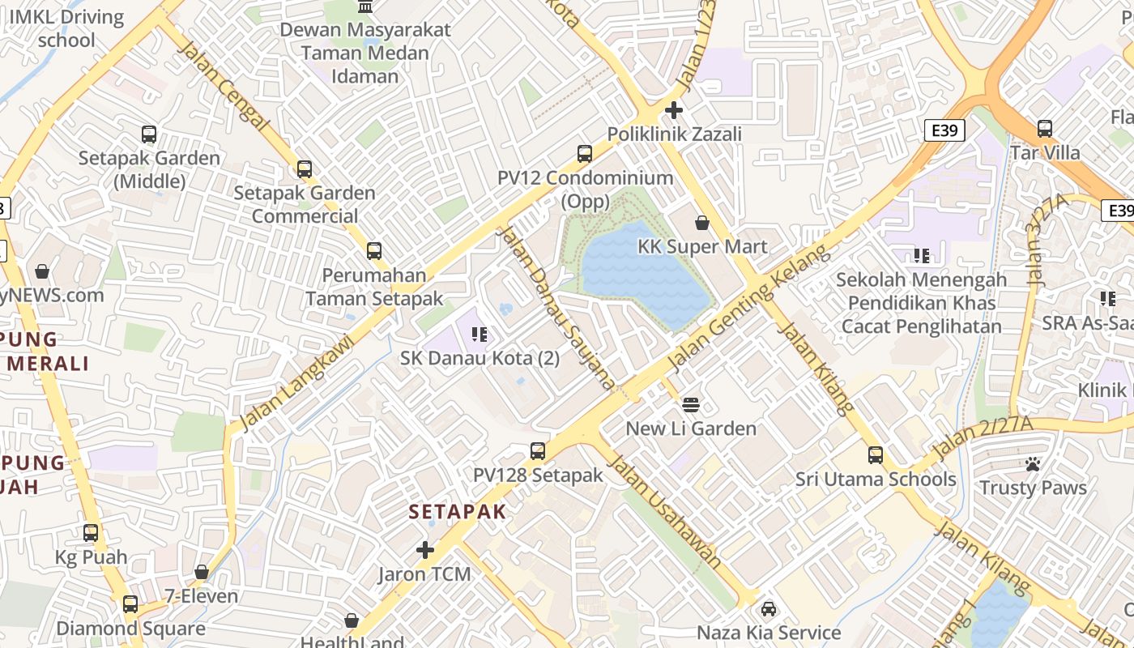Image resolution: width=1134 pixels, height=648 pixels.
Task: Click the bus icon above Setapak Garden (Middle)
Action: click(149, 134)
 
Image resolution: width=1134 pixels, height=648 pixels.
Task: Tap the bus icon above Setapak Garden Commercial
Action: click(305, 169)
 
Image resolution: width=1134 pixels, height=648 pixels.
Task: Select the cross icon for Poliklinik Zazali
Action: click(674, 110)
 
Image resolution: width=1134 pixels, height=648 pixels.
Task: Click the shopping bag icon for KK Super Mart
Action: click(702, 223)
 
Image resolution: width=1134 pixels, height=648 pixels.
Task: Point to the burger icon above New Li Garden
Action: click(691, 404)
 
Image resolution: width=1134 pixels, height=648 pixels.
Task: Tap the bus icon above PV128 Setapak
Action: click(538, 451)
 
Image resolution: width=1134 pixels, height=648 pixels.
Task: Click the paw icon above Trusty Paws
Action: click(1033, 464)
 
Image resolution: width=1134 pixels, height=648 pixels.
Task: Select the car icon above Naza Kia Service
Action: click(769, 608)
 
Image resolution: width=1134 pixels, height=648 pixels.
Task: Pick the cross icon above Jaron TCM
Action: click(425, 551)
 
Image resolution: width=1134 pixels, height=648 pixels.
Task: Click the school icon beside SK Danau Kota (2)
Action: click(479, 334)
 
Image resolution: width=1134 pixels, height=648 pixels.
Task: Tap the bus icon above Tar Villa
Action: click(1045, 129)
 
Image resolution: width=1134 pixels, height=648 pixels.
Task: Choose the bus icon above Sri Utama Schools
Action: click(876, 455)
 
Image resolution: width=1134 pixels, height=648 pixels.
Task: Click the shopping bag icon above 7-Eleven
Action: click(202, 573)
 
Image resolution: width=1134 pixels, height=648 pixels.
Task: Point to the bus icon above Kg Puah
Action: click(91, 533)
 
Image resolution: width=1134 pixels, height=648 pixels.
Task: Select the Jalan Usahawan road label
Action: click(664, 511)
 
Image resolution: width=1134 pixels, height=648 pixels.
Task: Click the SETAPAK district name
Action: click(458, 512)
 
